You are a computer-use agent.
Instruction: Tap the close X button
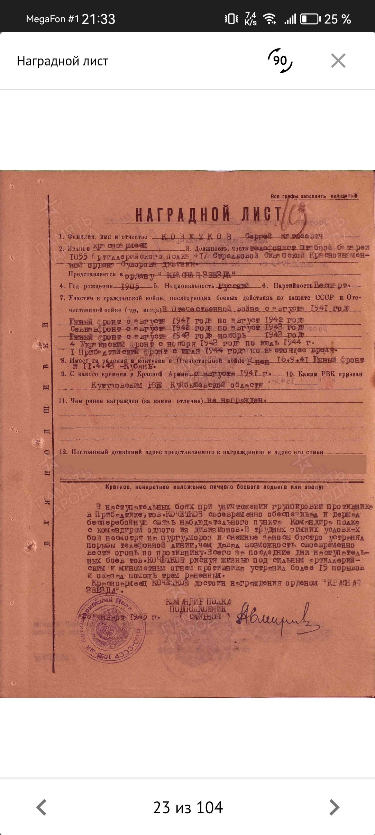click(x=338, y=61)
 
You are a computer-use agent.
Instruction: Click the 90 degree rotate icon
click(x=280, y=61)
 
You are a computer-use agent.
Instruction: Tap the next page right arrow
click(x=334, y=807)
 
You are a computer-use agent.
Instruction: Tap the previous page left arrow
click(x=42, y=807)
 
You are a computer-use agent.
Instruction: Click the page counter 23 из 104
click(x=188, y=807)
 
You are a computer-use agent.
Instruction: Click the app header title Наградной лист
click(x=63, y=61)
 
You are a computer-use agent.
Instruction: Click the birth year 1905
click(x=130, y=287)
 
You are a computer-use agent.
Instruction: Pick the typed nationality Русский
click(x=234, y=286)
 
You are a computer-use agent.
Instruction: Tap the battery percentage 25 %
click(x=337, y=19)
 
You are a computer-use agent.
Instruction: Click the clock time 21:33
click(x=99, y=19)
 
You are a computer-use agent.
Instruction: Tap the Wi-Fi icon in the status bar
click(x=269, y=19)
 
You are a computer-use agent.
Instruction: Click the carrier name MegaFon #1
click(x=53, y=19)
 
